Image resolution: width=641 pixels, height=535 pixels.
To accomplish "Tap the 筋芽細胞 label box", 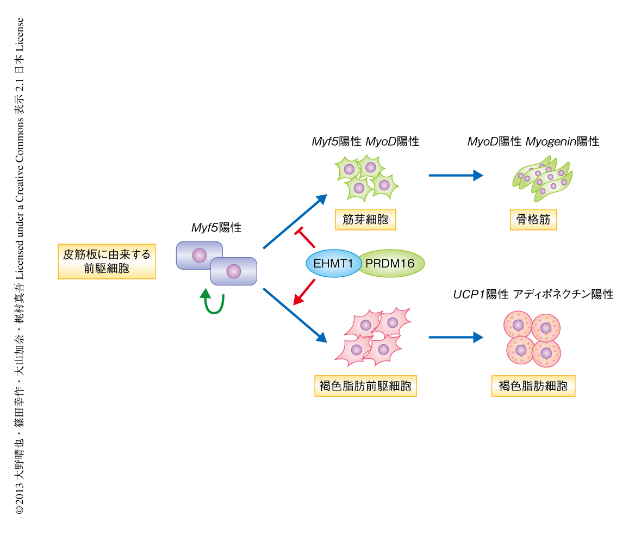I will coord(365,220).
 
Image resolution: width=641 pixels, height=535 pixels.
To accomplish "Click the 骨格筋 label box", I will coord(533,220).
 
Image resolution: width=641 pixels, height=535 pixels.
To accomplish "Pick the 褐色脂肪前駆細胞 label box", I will coord(365,387).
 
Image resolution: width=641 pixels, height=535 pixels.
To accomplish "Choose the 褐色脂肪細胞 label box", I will coord(533,387).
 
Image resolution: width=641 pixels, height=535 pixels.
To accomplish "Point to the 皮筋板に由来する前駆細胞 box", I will coord(107,261).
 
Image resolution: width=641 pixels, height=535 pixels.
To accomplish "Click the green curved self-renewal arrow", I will coord(213,302).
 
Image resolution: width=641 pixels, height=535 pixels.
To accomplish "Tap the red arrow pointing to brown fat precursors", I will coord(304,291).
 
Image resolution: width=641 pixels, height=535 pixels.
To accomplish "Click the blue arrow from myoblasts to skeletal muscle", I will coord(456,175).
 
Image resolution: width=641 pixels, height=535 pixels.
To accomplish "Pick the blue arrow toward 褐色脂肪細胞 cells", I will coord(456,338).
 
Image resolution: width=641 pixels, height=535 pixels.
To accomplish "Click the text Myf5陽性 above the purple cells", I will coord(216,228).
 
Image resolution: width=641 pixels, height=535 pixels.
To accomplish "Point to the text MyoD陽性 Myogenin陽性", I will coord(533,142).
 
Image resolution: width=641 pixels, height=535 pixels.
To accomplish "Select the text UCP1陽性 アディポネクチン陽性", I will coord(533,295).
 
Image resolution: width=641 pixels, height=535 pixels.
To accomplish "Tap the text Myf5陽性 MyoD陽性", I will coord(365,142).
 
